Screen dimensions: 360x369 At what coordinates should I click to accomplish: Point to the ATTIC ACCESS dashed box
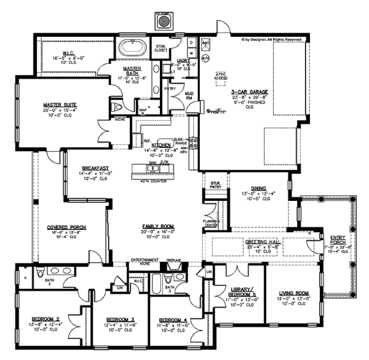tap(221, 77)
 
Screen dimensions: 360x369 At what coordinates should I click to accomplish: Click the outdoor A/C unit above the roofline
tap(164, 21)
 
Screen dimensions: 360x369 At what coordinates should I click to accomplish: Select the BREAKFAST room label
tap(95, 168)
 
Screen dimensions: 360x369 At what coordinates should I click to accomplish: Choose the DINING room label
tap(258, 189)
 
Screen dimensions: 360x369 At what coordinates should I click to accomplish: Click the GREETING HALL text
tap(263, 242)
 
